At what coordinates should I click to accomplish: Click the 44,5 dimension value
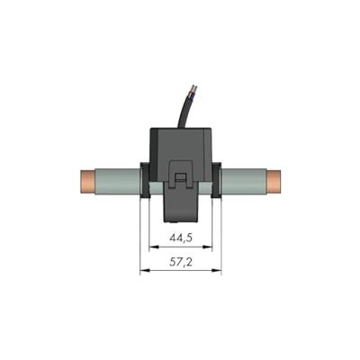(180, 238)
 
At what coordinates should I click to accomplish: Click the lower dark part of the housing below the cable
(180, 208)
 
